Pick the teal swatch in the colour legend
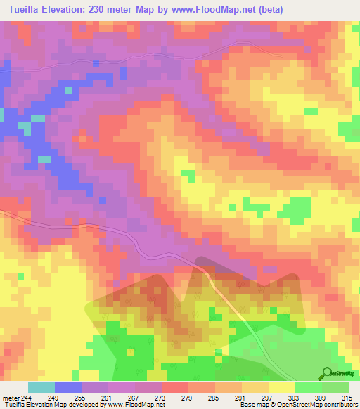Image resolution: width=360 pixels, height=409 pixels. (x=41, y=387)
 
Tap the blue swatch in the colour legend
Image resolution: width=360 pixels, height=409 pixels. (x=68, y=387)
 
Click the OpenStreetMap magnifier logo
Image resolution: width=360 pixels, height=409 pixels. (x=327, y=372)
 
